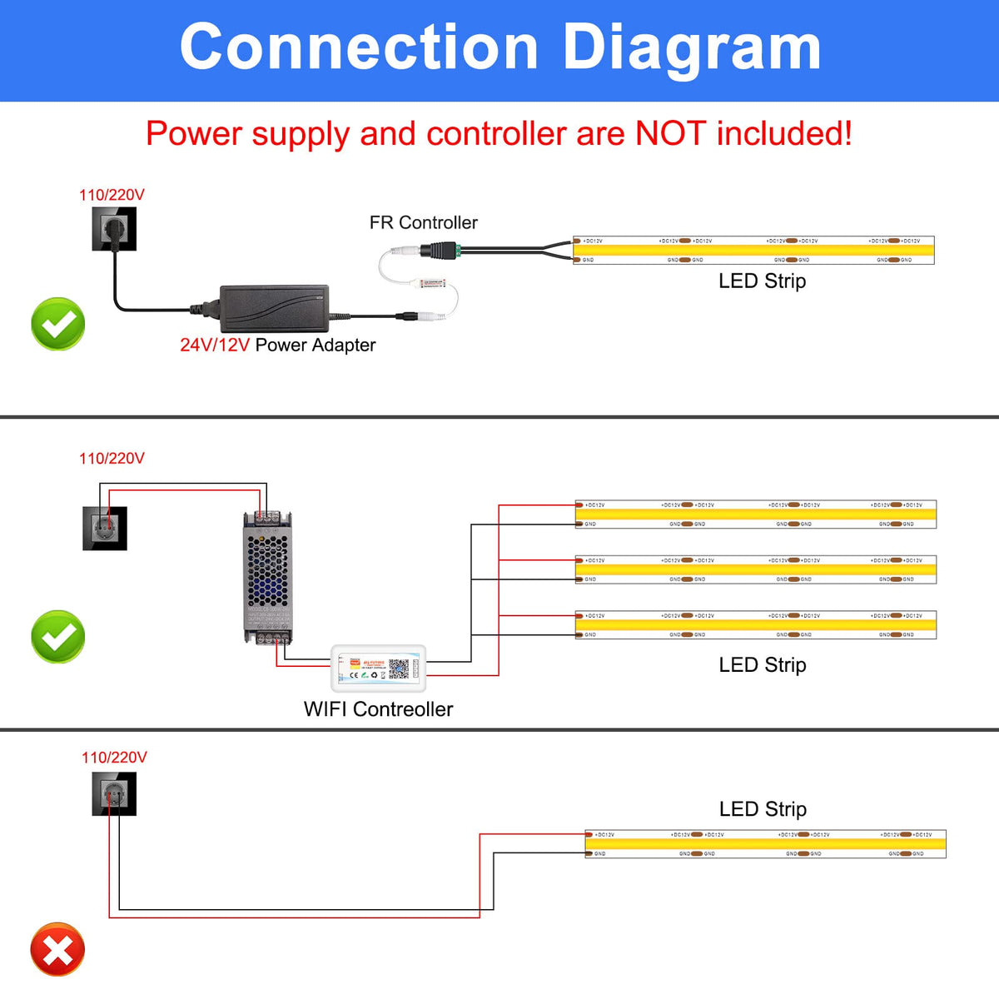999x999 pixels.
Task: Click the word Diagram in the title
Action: (692, 48)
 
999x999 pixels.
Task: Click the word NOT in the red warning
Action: (671, 133)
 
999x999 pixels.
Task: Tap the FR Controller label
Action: (423, 223)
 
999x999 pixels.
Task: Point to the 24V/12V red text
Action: (214, 345)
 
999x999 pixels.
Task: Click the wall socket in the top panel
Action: (114, 229)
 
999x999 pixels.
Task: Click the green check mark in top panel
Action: (58, 324)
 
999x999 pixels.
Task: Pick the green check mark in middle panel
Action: (58, 637)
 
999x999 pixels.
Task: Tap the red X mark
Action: (57, 949)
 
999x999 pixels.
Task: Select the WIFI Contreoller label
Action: (378, 709)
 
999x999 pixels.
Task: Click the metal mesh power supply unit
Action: (267, 577)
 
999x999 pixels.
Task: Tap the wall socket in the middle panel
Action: (105, 529)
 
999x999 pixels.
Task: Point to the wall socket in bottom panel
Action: (114, 794)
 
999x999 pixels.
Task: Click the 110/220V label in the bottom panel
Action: (114, 758)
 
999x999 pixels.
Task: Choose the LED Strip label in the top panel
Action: (762, 281)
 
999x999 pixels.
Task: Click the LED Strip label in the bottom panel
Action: (762, 809)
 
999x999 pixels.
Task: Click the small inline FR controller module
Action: (434, 283)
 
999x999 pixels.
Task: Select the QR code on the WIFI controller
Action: (399, 668)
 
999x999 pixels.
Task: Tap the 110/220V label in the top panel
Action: (112, 195)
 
